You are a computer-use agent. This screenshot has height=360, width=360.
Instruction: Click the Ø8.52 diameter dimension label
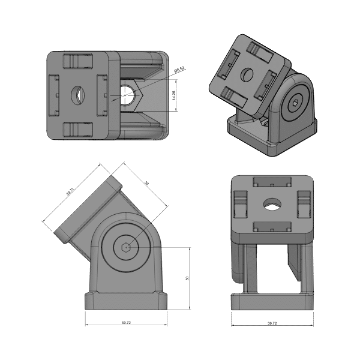[x=178, y=70]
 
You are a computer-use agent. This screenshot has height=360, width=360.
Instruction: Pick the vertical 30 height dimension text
[x=187, y=278]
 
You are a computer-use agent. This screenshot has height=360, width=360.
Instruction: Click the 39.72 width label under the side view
[x=126, y=323]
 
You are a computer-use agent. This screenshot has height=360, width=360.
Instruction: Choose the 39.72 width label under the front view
[x=272, y=323]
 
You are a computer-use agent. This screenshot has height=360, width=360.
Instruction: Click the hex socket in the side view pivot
[x=126, y=247]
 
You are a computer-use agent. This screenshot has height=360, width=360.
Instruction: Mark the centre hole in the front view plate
[x=272, y=205]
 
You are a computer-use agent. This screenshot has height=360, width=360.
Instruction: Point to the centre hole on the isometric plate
[x=247, y=74]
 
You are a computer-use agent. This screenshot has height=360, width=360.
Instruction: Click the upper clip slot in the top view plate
[x=77, y=60]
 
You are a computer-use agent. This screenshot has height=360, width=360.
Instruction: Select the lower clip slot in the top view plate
[x=77, y=128]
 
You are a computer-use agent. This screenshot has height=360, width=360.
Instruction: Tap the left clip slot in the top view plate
[x=53, y=95]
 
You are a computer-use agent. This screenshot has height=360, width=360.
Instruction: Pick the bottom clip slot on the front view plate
[x=272, y=226]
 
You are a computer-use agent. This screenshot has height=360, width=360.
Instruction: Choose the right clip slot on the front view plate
[x=303, y=203]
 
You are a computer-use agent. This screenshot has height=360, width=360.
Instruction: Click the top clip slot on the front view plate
[x=272, y=181]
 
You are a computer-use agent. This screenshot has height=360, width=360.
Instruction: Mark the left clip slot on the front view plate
[x=241, y=203]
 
